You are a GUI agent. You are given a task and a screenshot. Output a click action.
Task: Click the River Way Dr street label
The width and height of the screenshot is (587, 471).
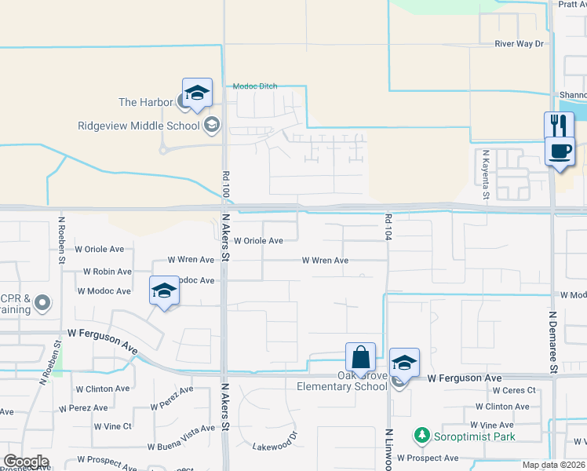[519, 44]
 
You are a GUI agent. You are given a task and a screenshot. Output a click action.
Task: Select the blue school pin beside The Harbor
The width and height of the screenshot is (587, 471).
[197, 93]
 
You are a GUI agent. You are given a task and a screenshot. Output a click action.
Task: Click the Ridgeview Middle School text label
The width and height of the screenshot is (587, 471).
[139, 126]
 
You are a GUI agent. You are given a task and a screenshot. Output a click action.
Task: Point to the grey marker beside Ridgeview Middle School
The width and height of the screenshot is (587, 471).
[212, 125]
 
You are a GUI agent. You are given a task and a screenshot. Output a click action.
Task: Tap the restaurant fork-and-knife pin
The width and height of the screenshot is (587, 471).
[559, 126]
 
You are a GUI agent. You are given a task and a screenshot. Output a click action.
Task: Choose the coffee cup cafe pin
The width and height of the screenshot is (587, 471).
[560, 152]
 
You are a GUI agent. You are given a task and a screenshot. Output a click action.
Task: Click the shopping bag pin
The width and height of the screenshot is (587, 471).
[360, 358]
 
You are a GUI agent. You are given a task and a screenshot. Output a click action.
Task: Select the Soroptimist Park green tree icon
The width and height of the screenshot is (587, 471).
[421, 436]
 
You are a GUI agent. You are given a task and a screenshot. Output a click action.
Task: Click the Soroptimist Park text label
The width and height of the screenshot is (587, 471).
[476, 436]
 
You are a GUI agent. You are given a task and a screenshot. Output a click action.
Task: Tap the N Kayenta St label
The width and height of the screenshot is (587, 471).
[487, 173]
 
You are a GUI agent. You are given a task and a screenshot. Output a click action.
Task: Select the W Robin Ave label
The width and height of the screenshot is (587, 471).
[108, 272]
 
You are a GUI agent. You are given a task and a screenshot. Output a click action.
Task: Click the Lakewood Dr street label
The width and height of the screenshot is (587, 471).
[275, 442]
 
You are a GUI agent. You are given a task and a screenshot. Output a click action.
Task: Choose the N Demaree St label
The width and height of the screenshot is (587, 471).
[552, 341]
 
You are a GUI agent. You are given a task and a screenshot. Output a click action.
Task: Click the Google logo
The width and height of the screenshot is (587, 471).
[26, 462]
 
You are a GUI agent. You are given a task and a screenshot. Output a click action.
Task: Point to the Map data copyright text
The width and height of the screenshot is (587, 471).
[554, 465]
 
